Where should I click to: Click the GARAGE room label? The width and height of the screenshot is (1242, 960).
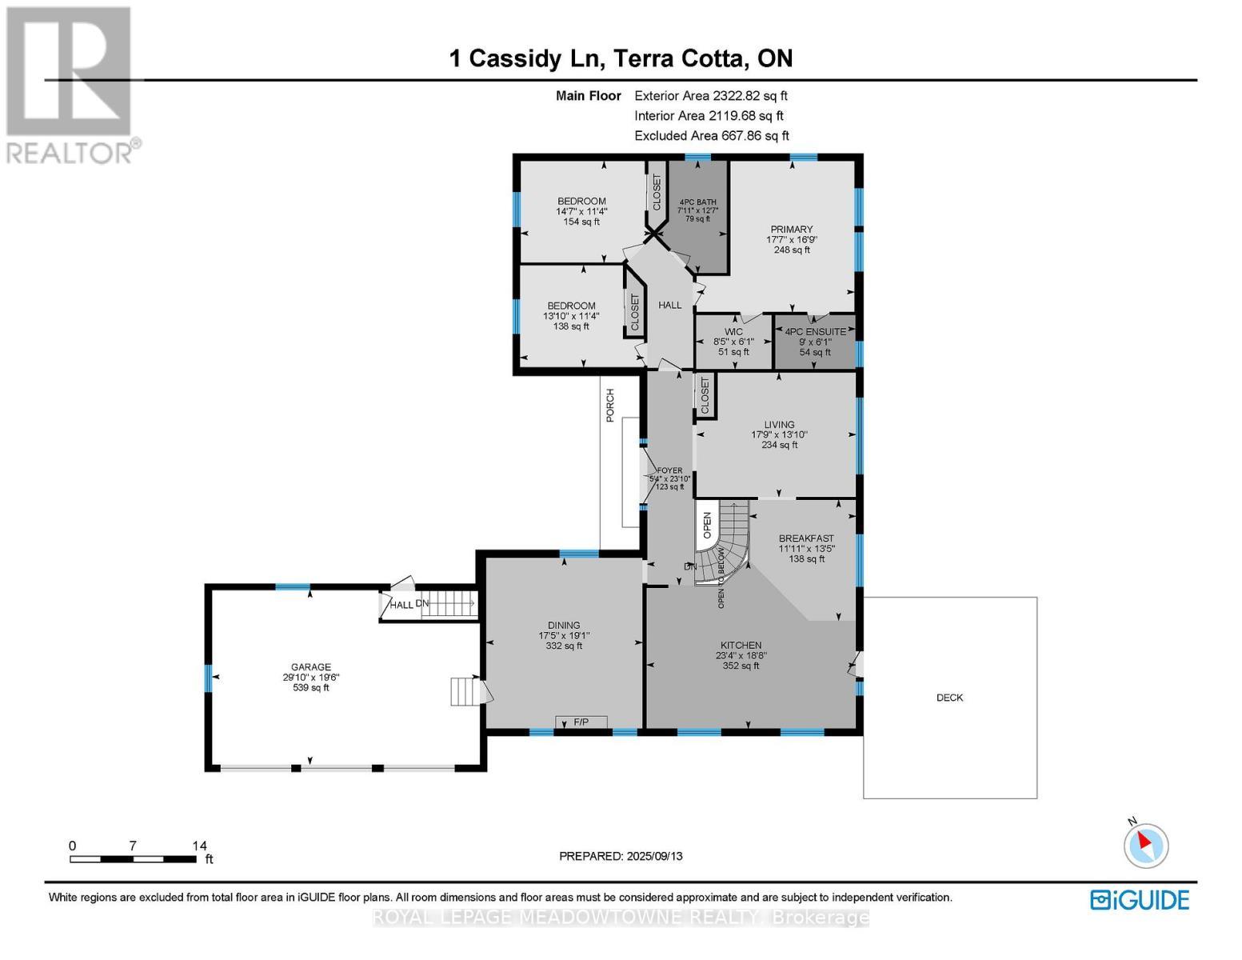(x=310, y=666)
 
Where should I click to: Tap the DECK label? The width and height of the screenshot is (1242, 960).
(x=949, y=698)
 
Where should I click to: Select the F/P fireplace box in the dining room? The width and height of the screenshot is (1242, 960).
(x=581, y=722)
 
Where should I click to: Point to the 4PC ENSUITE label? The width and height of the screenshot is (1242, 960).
(x=815, y=331)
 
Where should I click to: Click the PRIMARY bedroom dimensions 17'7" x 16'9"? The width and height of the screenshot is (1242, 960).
(x=792, y=239)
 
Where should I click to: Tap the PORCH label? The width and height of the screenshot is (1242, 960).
(x=610, y=405)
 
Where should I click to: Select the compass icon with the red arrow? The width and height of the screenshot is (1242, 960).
(x=1146, y=845)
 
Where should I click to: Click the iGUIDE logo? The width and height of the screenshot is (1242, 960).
(x=1140, y=899)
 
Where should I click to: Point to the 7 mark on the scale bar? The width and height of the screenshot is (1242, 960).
(x=133, y=846)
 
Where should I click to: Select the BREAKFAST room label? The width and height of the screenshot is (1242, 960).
(x=806, y=538)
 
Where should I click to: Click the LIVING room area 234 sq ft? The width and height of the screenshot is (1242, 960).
(x=779, y=445)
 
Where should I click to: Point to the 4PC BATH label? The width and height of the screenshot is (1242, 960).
(x=697, y=202)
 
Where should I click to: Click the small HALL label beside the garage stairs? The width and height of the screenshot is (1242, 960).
(x=401, y=605)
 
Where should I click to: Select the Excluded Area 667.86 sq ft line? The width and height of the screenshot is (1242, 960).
(x=711, y=136)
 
